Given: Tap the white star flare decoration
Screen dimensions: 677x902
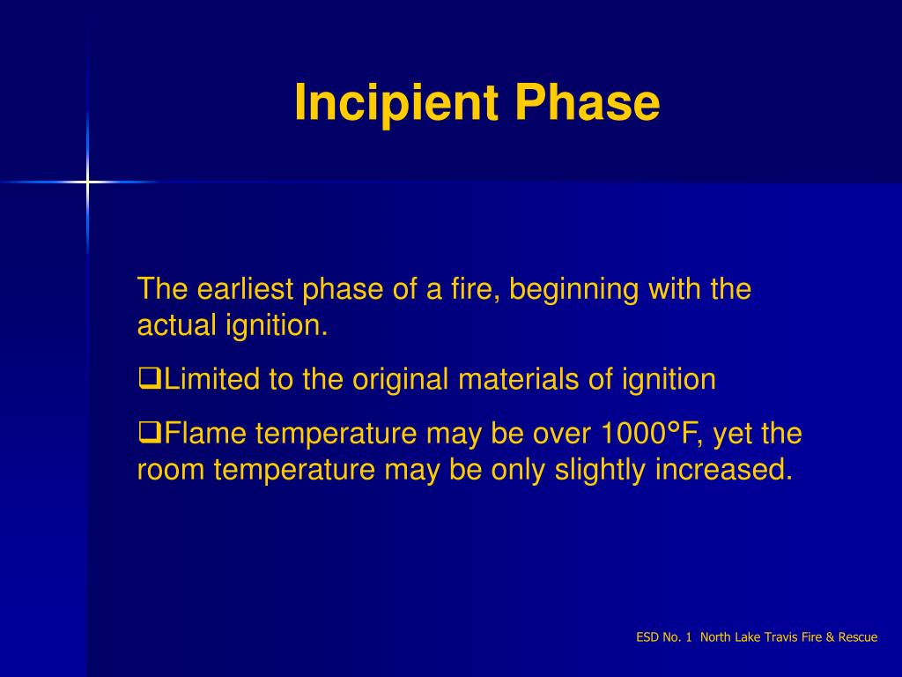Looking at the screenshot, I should [x=87, y=182].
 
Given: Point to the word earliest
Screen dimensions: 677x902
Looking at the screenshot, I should [x=246, y=289].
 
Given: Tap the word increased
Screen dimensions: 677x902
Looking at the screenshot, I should [x=723, y=470].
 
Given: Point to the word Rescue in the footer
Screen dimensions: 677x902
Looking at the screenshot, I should [x=860, y=637].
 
